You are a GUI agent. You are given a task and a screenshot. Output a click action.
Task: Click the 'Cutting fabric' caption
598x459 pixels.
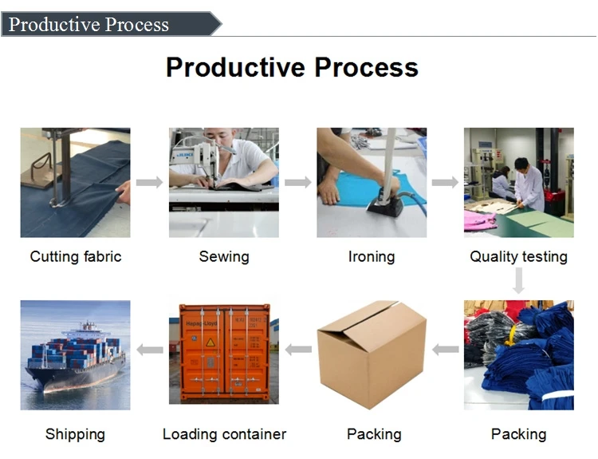76,257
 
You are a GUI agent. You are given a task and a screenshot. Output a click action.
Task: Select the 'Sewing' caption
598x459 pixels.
224,257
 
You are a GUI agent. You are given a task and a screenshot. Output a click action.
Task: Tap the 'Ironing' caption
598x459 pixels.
372,257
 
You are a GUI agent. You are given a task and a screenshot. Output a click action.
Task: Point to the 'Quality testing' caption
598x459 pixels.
518,257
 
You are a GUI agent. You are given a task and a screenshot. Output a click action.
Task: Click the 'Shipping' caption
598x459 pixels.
75,434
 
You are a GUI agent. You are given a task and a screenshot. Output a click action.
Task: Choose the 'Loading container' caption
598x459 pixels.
224,434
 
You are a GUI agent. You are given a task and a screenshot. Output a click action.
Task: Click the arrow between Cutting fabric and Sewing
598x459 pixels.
149,183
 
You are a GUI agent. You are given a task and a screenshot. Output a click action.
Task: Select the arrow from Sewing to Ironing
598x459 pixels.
297,183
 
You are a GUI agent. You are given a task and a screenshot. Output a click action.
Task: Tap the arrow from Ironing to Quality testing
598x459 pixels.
445,183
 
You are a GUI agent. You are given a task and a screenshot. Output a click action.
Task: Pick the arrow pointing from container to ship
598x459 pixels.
149,350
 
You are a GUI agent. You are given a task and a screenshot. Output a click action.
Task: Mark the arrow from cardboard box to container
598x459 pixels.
298,350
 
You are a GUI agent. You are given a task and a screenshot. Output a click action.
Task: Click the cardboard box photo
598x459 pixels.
372,355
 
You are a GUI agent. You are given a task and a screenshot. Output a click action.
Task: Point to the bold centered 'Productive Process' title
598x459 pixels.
292,67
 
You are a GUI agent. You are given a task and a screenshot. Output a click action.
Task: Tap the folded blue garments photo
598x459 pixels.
519,355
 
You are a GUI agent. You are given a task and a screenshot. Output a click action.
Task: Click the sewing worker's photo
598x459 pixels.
224,182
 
